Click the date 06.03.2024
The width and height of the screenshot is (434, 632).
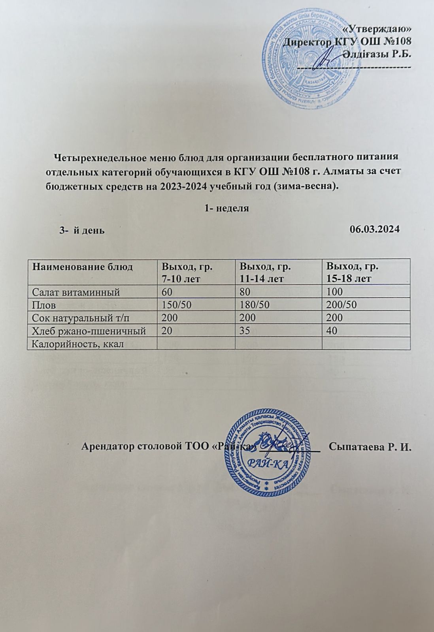pos(375,229)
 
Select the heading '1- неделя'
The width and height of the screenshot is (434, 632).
pos(227,208)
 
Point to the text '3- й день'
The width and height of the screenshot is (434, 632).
pos(82,230)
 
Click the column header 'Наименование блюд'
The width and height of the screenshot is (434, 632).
pos(82,267)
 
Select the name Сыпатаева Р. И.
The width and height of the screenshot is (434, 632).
pos(371,447)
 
